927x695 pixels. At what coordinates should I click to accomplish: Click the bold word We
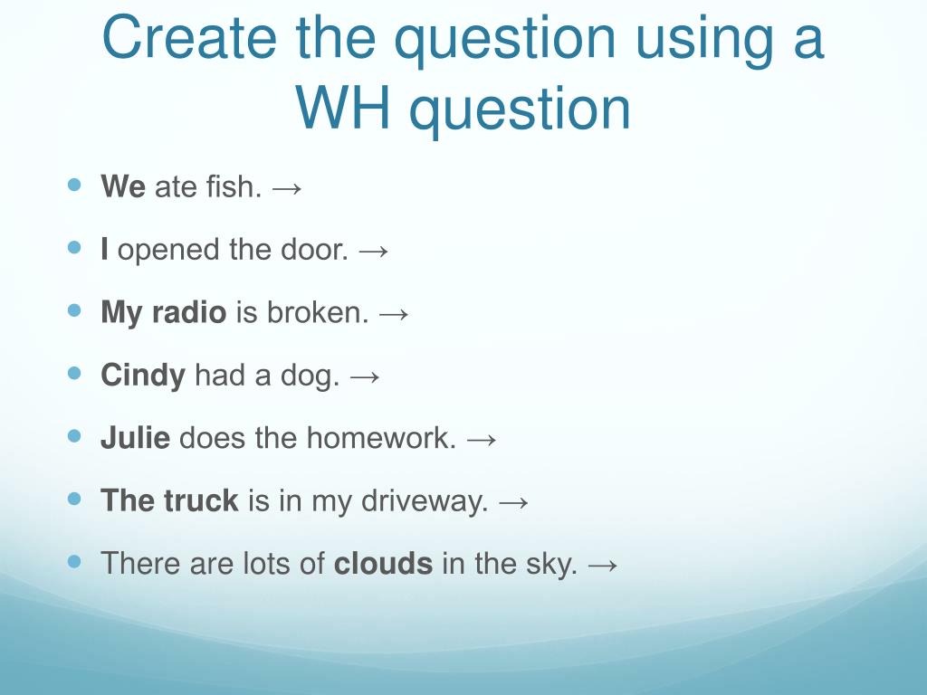pos(123,186)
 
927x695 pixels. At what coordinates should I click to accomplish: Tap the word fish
pos(234,186)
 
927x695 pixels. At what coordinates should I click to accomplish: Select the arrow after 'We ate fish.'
pos(287,188)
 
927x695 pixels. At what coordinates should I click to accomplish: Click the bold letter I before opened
pos(104,249)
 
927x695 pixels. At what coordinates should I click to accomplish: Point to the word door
pos(314,249)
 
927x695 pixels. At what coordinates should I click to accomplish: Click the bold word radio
pos(188,311)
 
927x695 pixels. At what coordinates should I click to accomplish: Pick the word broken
pos(318,311)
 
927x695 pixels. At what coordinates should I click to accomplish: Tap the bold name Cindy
pos(143,376)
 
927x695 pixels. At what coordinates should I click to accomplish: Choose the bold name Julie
pos(136,438)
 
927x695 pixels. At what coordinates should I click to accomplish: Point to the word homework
pos(381,438)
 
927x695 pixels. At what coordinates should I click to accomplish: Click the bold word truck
pos(201,500)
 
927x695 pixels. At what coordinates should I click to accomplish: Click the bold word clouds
pos(383,563)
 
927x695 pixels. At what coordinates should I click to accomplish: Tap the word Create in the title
pos(189,37)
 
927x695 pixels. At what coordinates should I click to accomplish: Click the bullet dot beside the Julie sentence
pos(74,436)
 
